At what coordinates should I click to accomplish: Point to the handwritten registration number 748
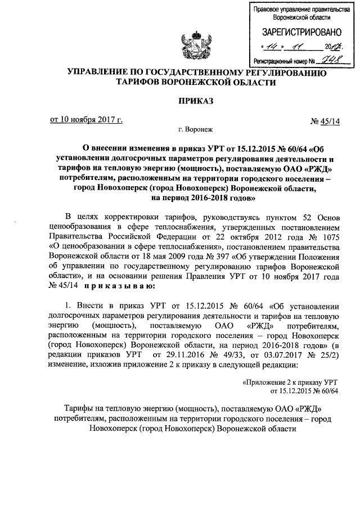point(327,60)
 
